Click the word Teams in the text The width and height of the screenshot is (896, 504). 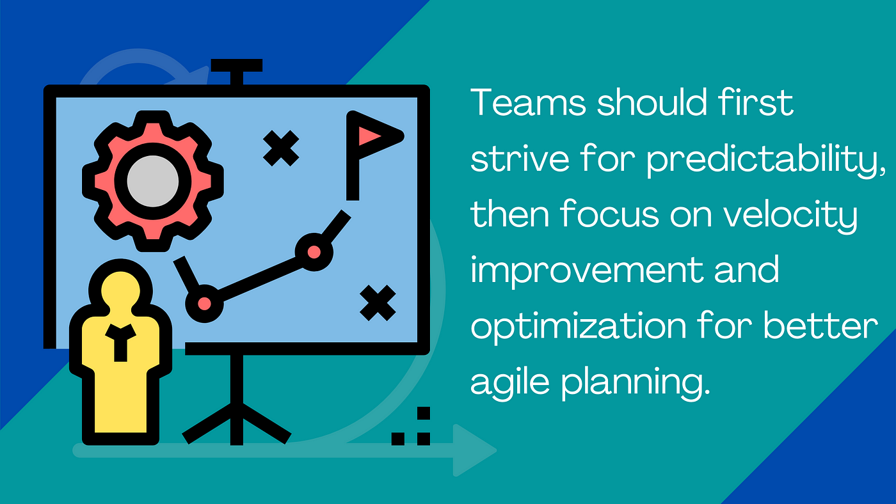[x=528, y=102]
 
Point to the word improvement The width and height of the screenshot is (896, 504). [x=587, y=271]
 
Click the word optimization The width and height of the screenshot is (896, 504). [x=579, y=326]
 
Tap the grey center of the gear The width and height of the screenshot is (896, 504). [x=152, y=181]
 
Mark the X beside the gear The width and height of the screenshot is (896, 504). [x=281, y=148]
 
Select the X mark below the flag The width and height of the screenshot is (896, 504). [x=378, y=303]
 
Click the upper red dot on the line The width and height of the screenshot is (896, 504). [x=314, y=252]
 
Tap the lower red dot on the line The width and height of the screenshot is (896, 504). [x=204, y=304]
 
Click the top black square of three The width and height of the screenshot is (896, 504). [x=424, y=413]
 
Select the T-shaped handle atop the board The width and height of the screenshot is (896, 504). [x=237, y=72]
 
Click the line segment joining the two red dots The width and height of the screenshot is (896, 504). [x=259, y=278]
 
